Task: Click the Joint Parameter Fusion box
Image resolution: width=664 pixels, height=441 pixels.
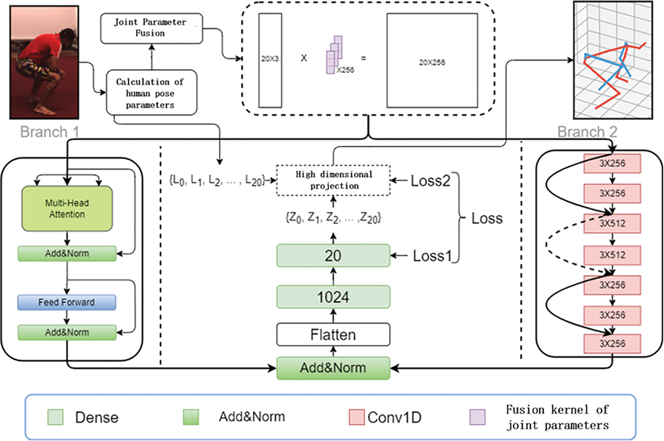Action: coord(151,28)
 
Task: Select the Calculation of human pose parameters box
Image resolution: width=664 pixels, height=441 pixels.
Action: coord(151,92)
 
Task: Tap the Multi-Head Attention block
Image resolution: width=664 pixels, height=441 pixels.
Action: coord(67,208)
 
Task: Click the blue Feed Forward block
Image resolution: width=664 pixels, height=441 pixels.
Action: coord(66,303)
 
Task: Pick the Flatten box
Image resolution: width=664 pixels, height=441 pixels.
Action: coord(333,334)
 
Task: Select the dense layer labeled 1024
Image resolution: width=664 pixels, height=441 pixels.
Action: coord(333,297)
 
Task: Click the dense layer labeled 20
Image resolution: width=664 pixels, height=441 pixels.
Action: coord(333,256)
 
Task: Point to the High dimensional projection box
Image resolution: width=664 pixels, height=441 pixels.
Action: coord(333,180)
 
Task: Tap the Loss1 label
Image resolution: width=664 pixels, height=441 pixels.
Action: coord(432,256)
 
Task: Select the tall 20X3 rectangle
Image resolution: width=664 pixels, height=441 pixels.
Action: coord(270,60)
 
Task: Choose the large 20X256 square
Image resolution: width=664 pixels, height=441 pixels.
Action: coord(432,61)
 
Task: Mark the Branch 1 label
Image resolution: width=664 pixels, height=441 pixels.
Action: coord(50,132)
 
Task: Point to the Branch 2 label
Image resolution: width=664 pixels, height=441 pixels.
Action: coord(587,132)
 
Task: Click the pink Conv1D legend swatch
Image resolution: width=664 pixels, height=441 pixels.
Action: coord(356,417)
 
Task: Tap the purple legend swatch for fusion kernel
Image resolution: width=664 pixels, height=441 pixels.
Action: coord(477,417)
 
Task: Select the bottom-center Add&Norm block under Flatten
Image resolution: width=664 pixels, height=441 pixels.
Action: coord(333,368)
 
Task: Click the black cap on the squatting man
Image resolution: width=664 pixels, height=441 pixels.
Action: coord(68,34)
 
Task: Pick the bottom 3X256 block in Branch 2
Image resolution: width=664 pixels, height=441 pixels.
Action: coord(612,344)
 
